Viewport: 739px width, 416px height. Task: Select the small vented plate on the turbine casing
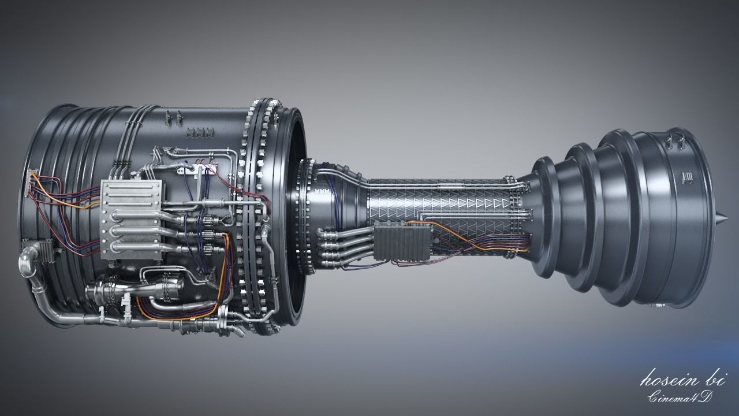point(687,176)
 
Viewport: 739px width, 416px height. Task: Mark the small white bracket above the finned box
point(193,169)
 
